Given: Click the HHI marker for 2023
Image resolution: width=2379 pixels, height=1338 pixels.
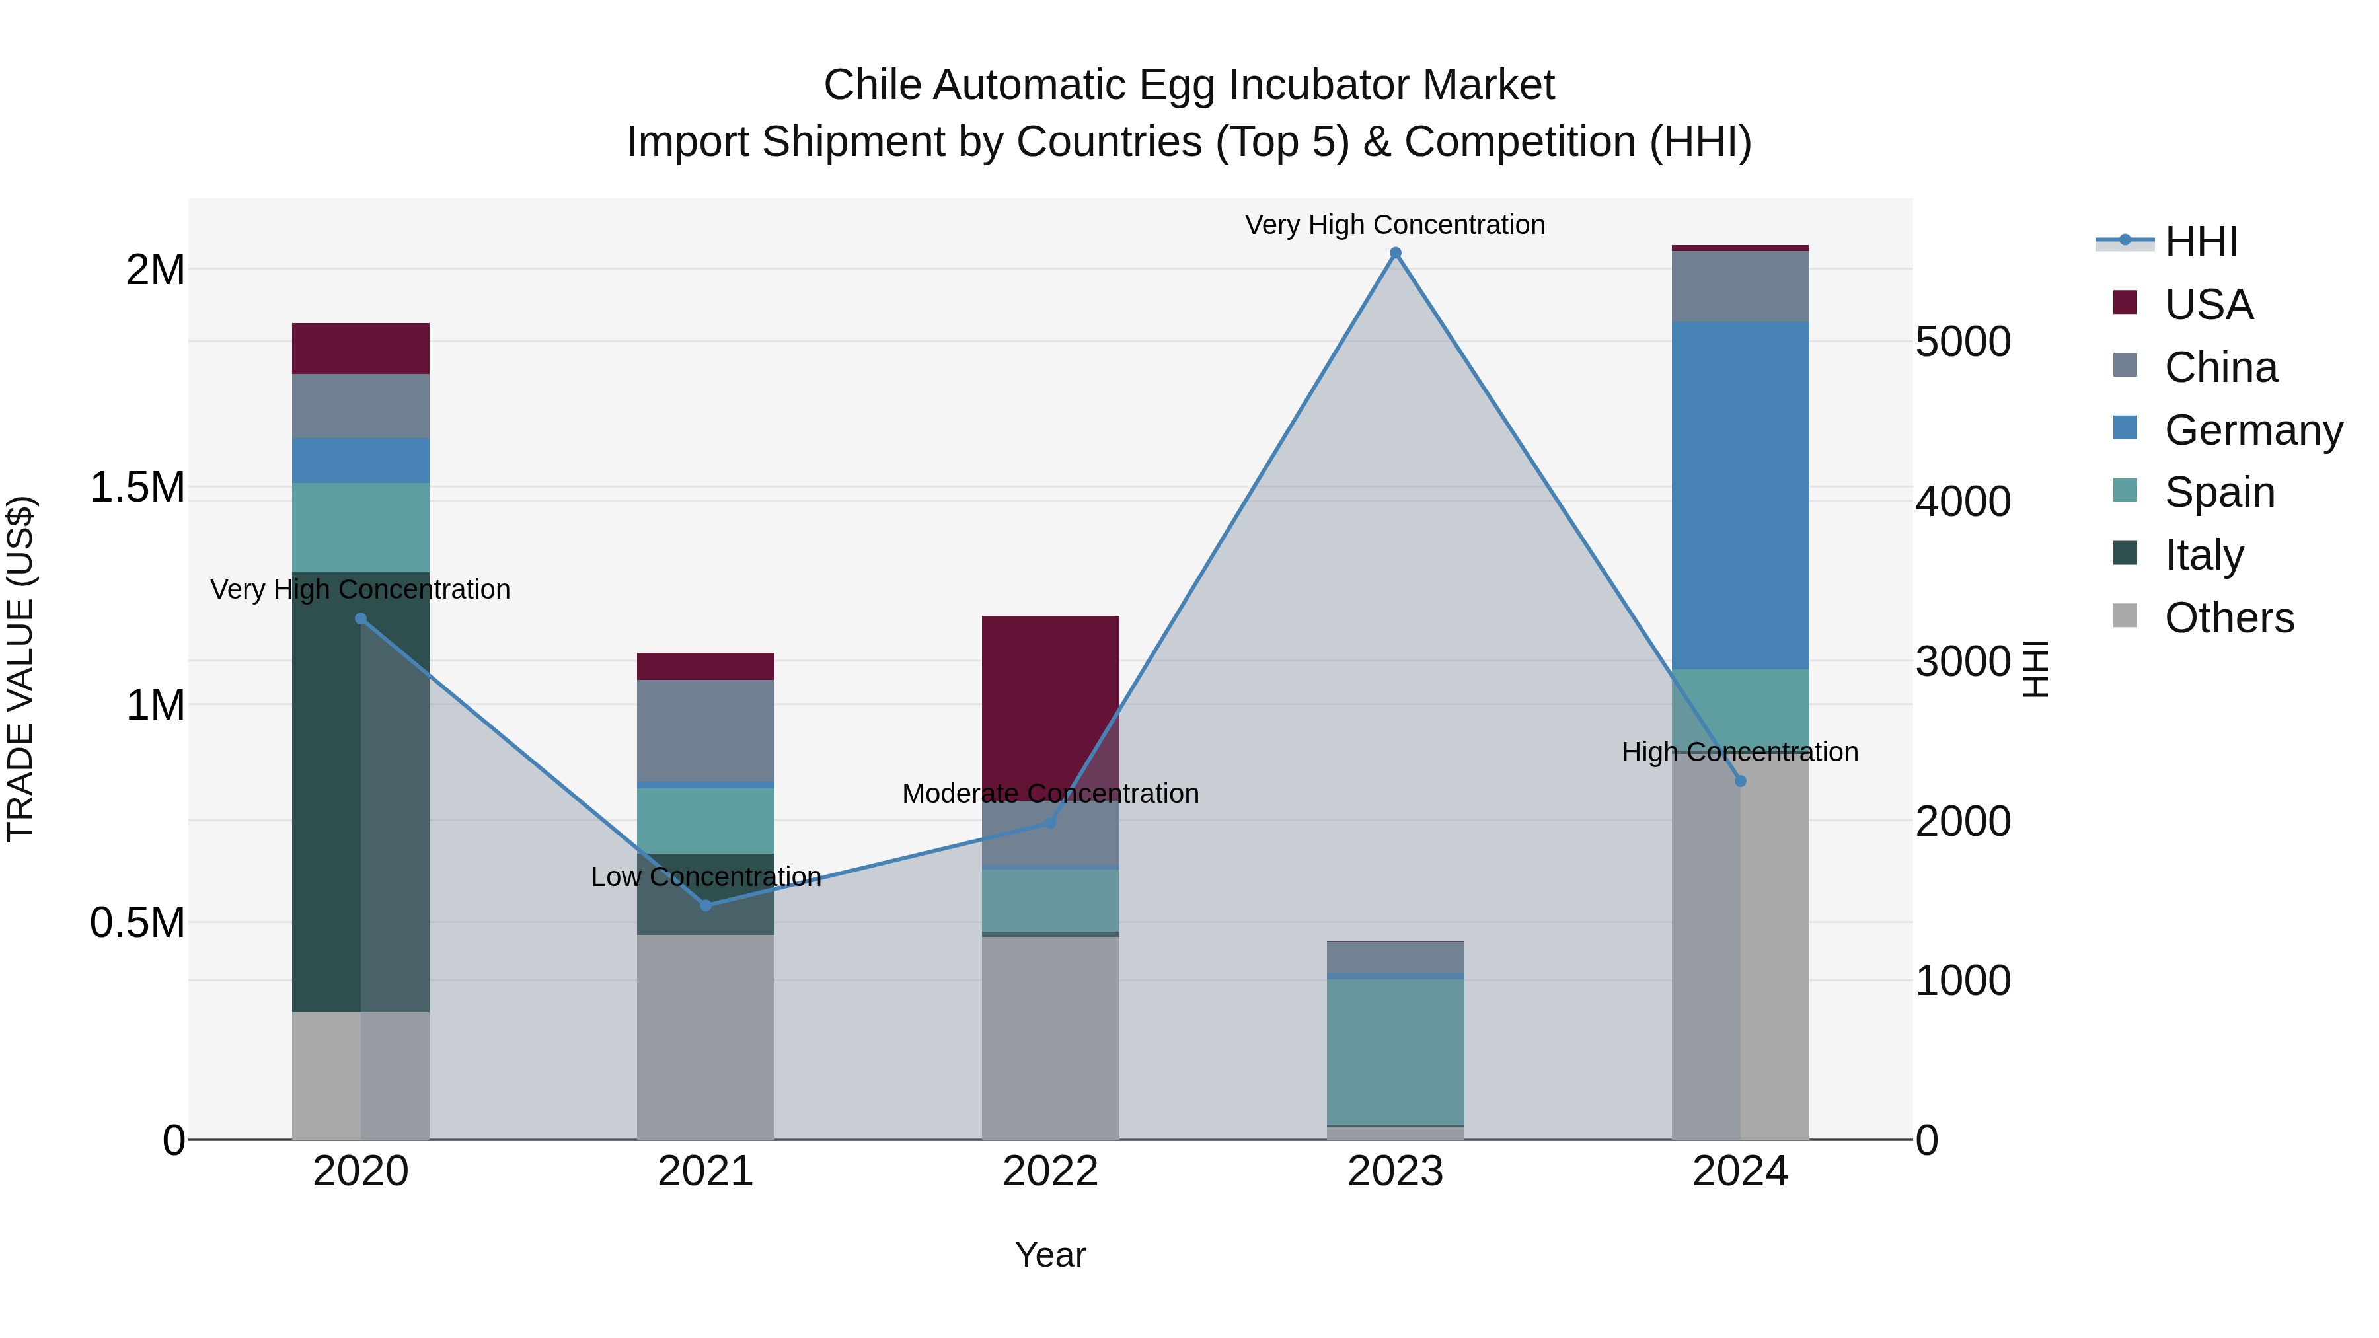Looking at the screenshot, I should [1396, 253].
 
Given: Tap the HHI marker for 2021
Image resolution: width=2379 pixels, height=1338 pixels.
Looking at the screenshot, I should [706, 905].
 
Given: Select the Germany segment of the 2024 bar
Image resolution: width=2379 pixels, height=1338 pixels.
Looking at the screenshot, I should [1740, 495].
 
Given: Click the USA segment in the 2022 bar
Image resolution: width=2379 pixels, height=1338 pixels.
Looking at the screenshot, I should [1050, 702].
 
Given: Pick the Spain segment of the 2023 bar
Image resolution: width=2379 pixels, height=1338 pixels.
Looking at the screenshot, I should [1396, 1051].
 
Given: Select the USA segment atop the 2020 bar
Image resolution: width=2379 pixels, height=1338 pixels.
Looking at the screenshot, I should [360, 348].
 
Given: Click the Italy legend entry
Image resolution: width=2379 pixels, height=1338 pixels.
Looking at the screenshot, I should [2203, 555].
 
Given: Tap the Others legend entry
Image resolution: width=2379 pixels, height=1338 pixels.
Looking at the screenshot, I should [2228, 618].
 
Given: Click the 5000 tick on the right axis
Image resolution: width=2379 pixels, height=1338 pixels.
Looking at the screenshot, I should [1963, 342].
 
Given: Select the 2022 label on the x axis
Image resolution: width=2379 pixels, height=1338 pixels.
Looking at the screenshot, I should [1050, 1171].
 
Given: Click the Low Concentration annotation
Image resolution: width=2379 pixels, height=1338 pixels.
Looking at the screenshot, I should [706, 876].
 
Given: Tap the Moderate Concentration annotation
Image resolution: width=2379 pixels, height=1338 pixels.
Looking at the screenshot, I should [1050, 793].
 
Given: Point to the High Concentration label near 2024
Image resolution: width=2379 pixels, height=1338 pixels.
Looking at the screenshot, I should [1740, 752].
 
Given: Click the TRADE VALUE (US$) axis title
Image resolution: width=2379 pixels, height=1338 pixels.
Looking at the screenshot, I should [20, 669].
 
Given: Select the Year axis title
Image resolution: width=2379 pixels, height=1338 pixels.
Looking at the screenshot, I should [1050, 1255].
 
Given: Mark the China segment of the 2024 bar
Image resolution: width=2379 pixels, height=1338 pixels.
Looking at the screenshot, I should [1740, 286].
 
